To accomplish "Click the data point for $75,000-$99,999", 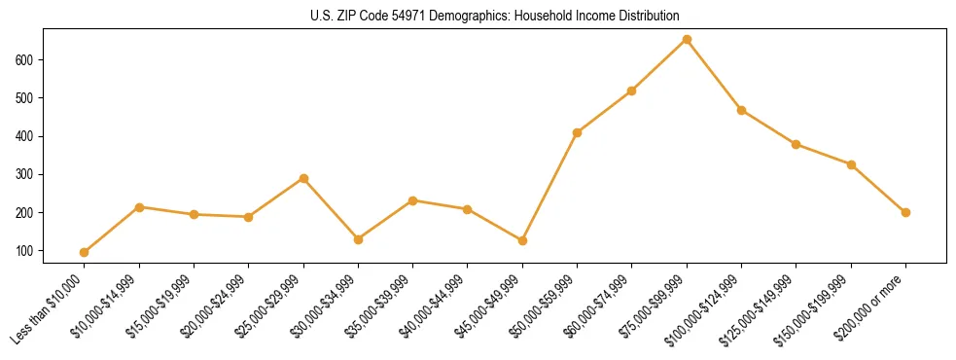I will point(687,40).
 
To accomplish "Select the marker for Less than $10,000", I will point(85,252).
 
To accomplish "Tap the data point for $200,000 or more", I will point(905,212).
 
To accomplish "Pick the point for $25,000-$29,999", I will point(303,179).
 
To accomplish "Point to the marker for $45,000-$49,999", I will point(522,240).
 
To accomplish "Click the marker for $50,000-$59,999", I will point(578,132).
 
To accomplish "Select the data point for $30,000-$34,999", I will point(358,239).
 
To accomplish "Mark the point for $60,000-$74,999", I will point(632,90).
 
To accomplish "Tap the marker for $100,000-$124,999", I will point(741,110).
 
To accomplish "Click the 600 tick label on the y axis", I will point(25,59).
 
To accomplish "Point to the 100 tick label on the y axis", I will point(25,251).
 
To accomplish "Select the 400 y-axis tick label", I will point(25,136).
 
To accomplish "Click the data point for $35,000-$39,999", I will point(413,200).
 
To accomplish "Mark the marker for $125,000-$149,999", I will point(797,144).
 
